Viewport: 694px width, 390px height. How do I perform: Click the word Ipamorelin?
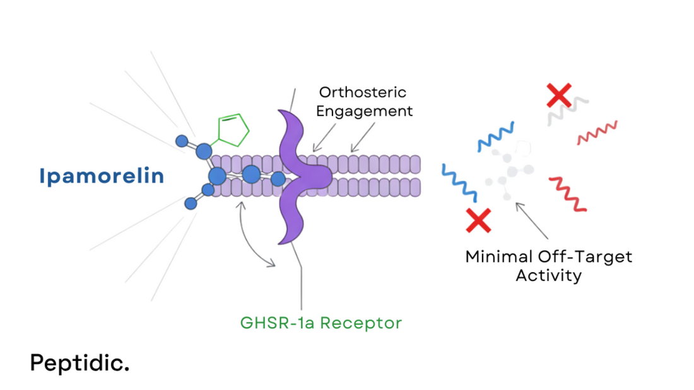102,176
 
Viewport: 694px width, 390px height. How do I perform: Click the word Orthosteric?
363,92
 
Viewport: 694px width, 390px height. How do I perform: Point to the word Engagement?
364,112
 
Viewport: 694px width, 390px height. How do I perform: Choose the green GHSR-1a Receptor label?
321,323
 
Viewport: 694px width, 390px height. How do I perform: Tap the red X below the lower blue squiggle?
478,220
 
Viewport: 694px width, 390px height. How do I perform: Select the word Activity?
548,276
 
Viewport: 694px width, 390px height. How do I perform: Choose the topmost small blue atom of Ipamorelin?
182,141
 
